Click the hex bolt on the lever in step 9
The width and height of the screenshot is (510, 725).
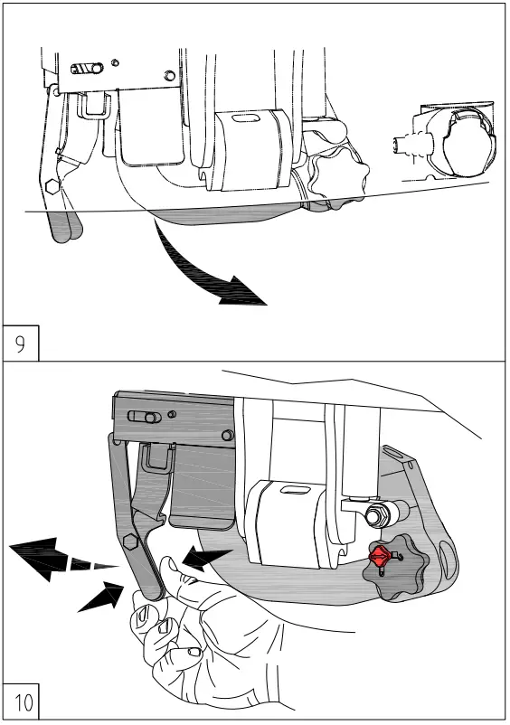click(52, 187)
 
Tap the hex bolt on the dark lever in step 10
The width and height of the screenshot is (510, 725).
click(130, 544)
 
